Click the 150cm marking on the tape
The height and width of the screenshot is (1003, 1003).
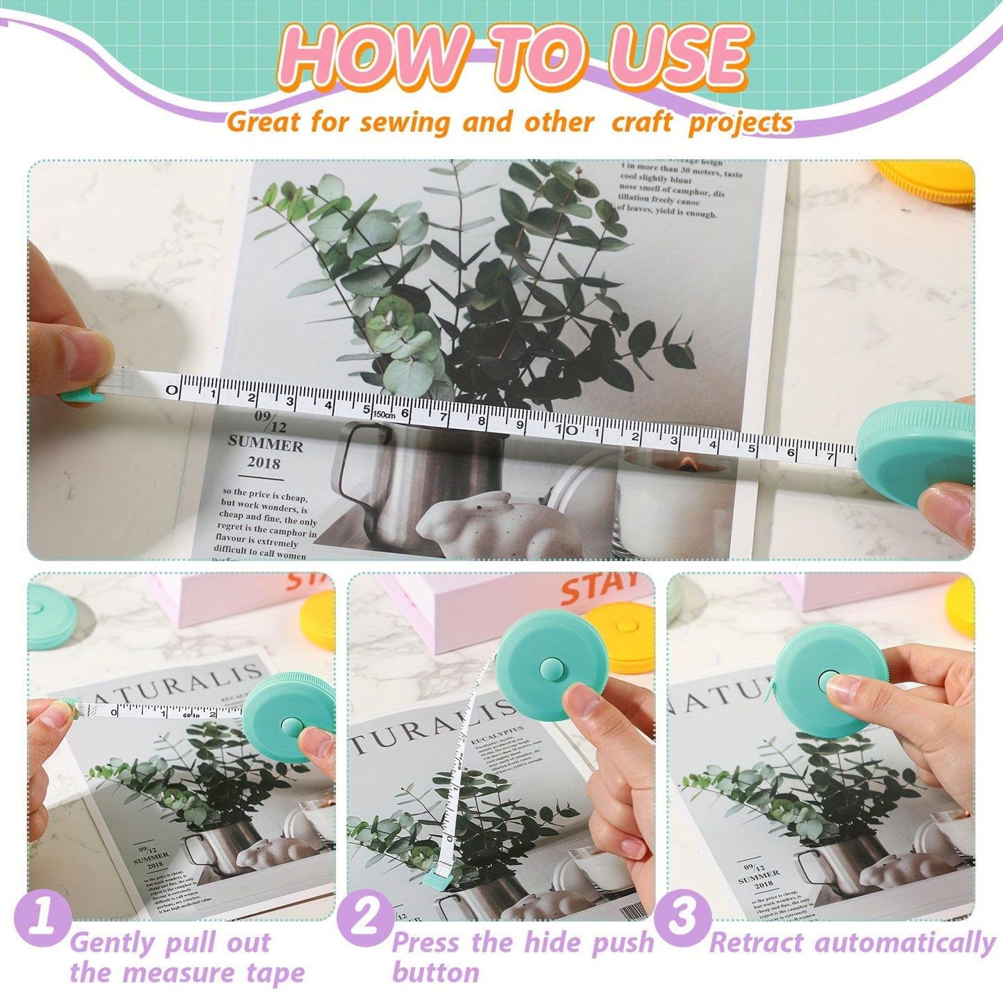coord(384,414)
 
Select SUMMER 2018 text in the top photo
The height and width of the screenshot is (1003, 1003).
coord(266,453)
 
